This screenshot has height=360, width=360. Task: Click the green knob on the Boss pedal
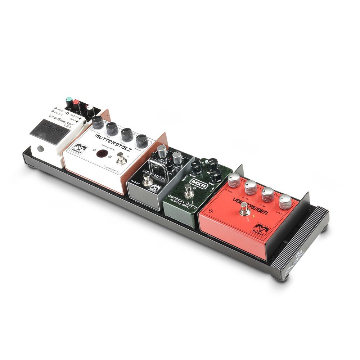pos(69,100)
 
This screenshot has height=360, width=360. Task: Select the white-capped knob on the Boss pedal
pos(90,108)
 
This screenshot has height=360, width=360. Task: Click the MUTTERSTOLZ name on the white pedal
pos(111,141)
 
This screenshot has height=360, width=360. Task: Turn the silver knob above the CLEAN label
pos(234,179)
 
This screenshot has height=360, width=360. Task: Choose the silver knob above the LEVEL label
pos(285,202)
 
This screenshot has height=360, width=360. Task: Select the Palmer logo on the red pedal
pos(261,228)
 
